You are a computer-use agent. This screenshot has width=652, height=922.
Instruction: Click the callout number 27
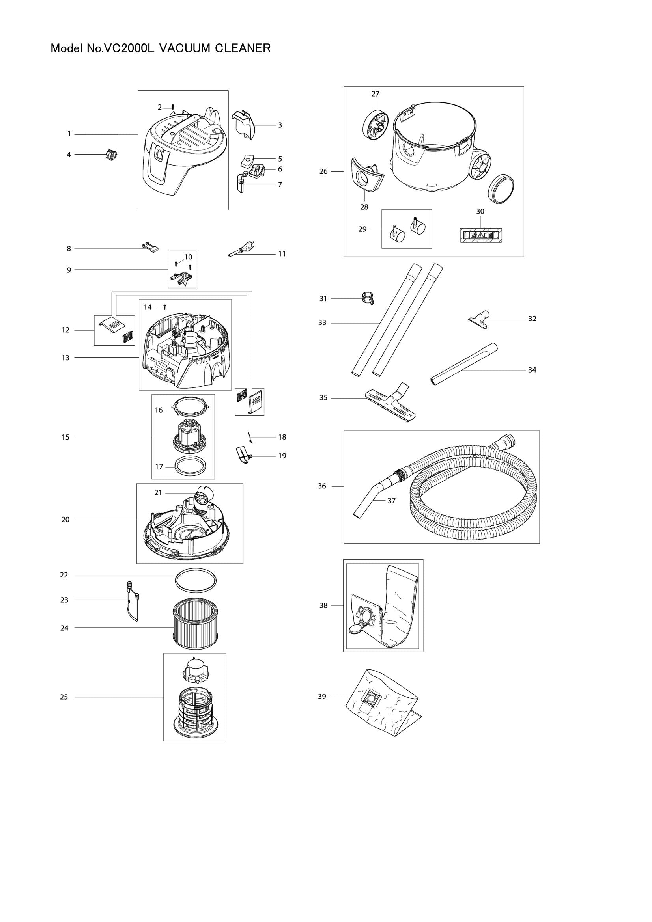click(375, 94)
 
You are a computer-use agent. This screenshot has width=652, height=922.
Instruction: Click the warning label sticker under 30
click(481, 236)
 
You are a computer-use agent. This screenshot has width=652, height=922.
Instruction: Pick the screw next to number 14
click(165, 307)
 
